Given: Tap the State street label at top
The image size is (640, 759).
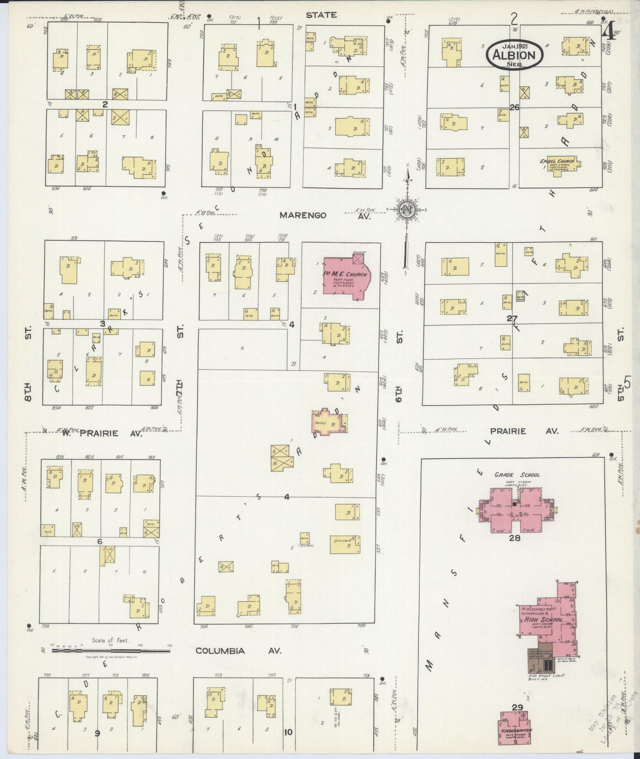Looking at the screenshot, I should pos(321,15).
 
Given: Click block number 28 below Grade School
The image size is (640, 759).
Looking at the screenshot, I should pos(514,538).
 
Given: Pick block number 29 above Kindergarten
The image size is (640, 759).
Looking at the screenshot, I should pos(518,707).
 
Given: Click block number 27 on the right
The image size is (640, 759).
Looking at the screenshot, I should pos(512,318).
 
